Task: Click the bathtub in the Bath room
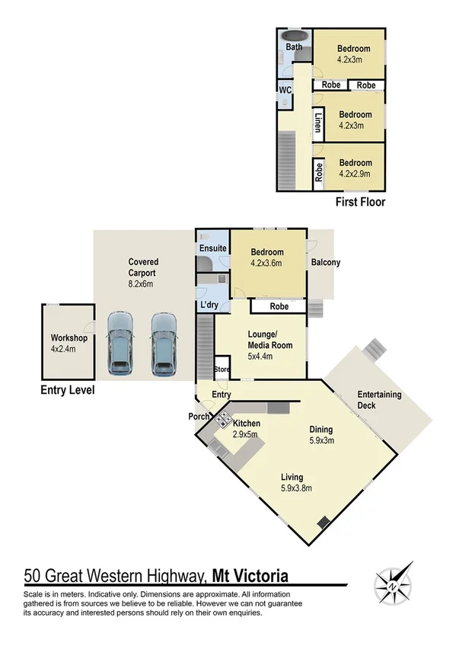click(293, 35)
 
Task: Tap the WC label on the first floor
click(285, 89)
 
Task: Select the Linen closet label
click(318, 122)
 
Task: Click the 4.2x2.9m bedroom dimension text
click(355, 174)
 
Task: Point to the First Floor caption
click(360, 203)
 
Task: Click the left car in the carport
click(120, 344)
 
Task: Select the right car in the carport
click(163, 344)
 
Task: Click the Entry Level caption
click(67, 391)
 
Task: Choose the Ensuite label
click(212, 248)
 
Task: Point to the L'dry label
click(209, 305)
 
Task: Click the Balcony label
click(326, 263)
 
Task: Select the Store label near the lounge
click(222, 370)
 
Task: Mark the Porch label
click(199, 417)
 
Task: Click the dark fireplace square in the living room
click(323, 523)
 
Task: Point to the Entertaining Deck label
click(380, 400)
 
